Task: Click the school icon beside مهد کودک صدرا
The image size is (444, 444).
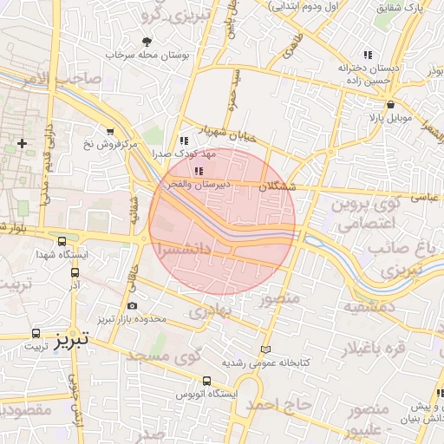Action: pyautogui.click(x=183, y=140)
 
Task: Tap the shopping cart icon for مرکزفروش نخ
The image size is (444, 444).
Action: pyautogui.click(x=109, y=132)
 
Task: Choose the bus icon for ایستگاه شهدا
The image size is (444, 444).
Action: pyautogui.click(x=62, y=242)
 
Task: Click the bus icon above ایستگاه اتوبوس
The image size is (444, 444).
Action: pyautogui.click(x=206, y=380)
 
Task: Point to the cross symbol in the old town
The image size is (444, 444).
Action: pyautogui.click(x=22, y=141)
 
